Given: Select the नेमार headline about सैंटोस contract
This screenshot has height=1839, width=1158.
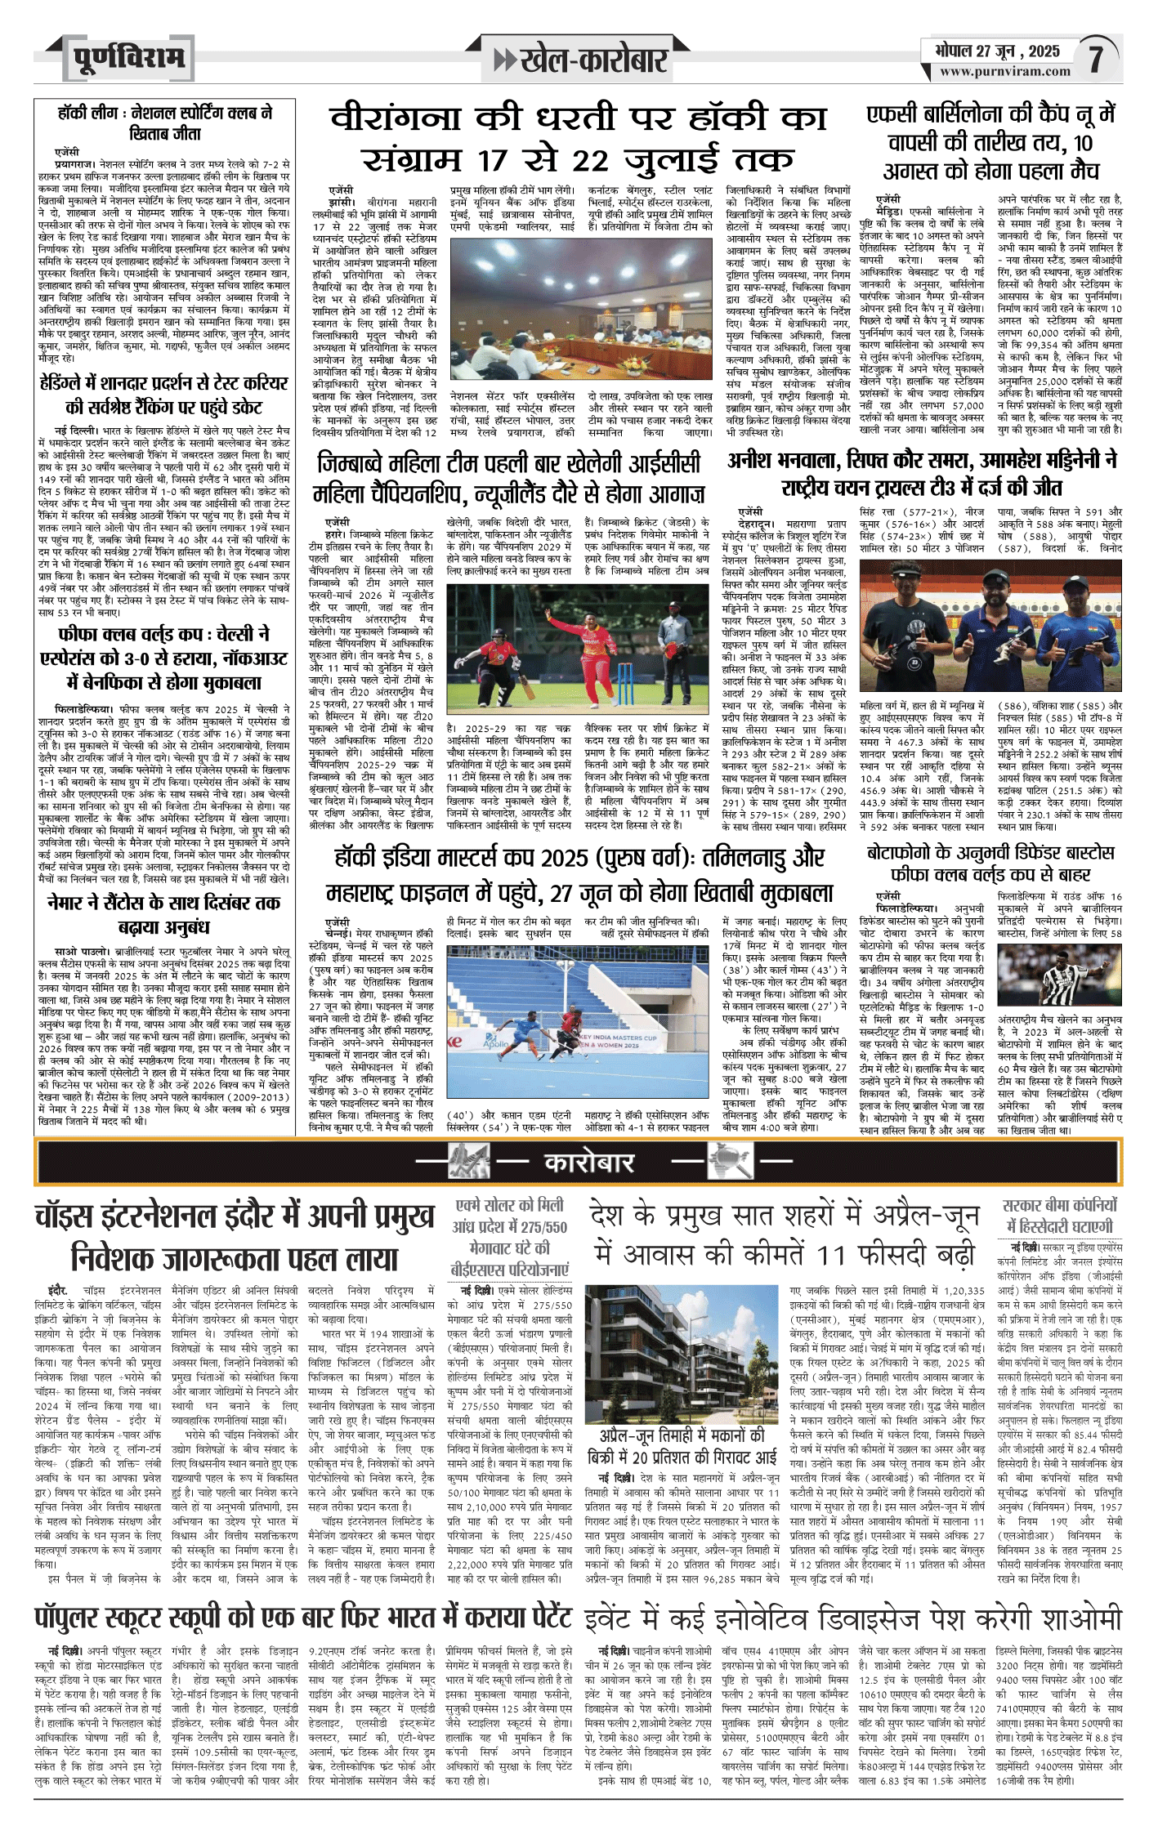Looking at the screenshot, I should (x=164, y=915).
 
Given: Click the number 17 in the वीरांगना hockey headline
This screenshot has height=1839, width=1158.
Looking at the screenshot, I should (x=506, y=159).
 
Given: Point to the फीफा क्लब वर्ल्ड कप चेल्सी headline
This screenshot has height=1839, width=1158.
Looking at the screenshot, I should (x=164, y=658).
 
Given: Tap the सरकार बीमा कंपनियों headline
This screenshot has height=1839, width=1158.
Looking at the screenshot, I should (x=1060, y=1216).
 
